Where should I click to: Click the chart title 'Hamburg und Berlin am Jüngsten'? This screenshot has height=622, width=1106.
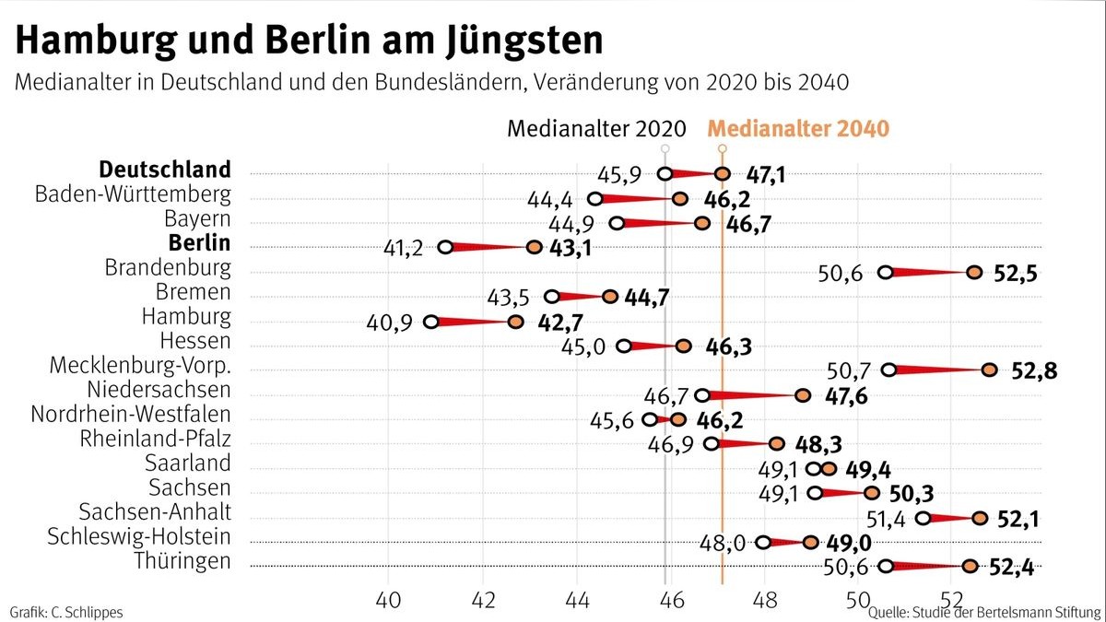310,41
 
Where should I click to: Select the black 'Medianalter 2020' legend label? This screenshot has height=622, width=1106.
597,128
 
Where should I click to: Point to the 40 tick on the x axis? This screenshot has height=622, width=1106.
388,599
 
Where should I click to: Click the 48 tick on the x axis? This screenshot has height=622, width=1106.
765,599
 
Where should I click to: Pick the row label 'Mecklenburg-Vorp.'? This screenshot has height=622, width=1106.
140,366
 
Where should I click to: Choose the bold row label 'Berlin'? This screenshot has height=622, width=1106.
199,243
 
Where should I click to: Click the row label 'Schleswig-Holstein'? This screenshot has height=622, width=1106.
139,536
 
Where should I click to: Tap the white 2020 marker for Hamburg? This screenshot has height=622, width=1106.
431,322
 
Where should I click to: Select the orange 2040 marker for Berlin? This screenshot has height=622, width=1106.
534,247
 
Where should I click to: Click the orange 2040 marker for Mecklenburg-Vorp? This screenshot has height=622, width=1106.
989,370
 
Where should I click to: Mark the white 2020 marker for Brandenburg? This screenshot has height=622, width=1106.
885,272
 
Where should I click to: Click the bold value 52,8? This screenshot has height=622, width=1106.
1033,371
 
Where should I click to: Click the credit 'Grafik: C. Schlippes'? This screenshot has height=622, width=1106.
65,612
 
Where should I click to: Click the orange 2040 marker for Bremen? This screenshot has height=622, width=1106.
610,297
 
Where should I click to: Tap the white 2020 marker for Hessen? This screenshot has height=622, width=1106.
624,346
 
